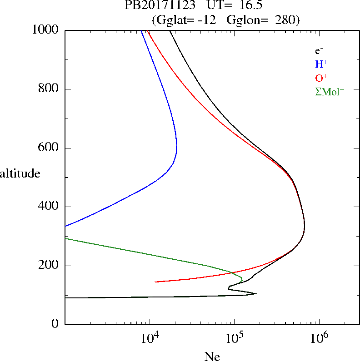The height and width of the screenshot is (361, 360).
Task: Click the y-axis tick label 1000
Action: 45,30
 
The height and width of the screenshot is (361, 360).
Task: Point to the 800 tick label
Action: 49,89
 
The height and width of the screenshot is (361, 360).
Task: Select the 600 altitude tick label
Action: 49,148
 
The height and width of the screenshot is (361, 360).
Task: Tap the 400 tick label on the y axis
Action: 49,207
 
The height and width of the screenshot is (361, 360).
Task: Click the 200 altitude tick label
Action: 49,266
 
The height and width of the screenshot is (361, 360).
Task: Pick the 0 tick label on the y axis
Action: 55,324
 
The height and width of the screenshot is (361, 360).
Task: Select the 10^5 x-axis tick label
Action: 234,338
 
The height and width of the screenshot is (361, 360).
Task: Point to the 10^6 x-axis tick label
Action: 319,338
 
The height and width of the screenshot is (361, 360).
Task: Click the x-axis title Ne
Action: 212,356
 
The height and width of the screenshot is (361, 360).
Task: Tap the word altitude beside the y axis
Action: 20,173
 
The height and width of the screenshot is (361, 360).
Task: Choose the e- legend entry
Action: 320,51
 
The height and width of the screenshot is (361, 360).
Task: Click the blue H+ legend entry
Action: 321,64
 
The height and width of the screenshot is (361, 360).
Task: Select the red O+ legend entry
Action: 321,78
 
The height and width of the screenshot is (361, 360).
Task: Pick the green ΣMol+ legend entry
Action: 330,91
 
